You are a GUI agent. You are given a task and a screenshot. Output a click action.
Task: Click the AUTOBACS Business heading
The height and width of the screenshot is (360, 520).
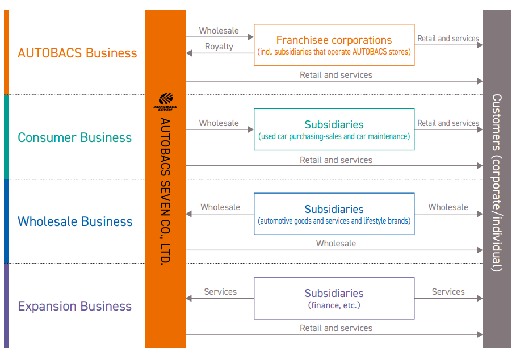tap(77, 53)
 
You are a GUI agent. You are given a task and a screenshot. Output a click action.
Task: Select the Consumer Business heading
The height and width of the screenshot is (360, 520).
tap(74, 137)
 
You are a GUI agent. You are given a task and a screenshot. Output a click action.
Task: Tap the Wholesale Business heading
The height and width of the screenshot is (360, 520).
tap(75, 221)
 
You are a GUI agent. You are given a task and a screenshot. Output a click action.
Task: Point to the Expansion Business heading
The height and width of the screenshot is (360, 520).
tap(74, 306)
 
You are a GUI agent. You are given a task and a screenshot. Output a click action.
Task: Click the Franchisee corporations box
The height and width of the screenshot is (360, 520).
tap(334, 45)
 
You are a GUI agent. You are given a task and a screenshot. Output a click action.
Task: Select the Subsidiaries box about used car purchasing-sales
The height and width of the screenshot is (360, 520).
tap(334, 129)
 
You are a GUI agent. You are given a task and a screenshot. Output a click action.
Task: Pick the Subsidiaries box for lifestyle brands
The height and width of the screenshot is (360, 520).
tap(334, 214)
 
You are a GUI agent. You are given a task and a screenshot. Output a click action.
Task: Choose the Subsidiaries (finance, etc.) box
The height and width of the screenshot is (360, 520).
tap(334, 298)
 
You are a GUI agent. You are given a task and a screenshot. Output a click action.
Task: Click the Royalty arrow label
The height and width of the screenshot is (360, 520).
tap(219, 47)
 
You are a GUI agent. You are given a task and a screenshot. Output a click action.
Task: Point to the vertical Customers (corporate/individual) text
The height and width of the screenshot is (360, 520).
tap(497, 182)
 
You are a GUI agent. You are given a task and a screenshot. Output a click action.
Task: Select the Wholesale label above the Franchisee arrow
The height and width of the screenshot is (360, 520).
tap(219, 31)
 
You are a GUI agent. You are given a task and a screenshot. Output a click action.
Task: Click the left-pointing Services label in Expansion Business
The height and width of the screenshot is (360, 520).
tap(220, 292)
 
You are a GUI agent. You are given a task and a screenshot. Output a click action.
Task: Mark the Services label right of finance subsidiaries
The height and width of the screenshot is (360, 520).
tap(448, 292)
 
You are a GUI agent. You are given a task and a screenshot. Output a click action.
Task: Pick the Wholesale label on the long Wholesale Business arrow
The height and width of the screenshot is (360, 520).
tap(336, 244)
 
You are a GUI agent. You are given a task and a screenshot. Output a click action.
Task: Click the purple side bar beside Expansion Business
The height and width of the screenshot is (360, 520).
tap(6, 306)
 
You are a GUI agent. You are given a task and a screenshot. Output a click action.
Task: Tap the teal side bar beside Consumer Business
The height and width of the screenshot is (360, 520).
tap(6, 137)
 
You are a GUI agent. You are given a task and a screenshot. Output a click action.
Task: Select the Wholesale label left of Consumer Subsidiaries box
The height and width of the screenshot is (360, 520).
tap(219, 123)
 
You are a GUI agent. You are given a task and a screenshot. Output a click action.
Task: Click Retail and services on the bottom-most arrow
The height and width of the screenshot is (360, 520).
tap(336, 328)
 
